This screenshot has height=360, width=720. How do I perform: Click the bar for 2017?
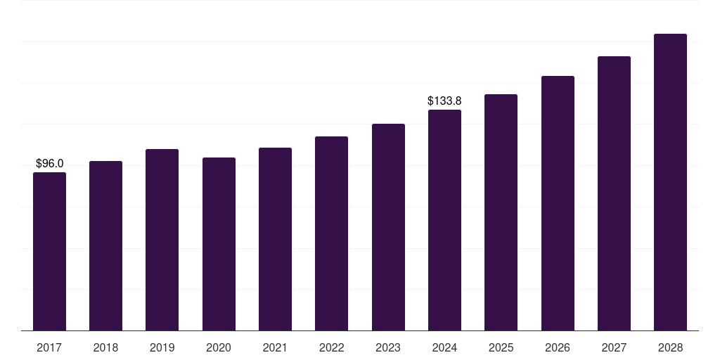tap(49, 252)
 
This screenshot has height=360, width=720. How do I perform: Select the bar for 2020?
tap(219, 244)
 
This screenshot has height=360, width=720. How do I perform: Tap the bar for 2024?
tap(444, 220)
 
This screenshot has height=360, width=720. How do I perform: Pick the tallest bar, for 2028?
tap(670, 182)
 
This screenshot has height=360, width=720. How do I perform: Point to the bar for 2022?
tap(331, 233)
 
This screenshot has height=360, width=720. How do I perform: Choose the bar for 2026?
tap(558, 203)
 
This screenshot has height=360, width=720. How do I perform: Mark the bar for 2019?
tap(162, 240)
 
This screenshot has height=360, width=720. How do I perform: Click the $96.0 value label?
tap(49, 164)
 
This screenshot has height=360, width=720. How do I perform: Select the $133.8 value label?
tap(444, 101)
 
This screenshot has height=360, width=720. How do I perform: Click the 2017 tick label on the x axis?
tap(49, 347)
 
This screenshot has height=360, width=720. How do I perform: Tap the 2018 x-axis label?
tap(105, 347)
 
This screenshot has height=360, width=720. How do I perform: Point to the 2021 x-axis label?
tap(275, 347)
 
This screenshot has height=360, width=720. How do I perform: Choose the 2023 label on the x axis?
tap(388, 347)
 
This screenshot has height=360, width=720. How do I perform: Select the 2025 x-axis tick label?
tap(501, 347)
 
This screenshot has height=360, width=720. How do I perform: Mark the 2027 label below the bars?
tap(614, 347)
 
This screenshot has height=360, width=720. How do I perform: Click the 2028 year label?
tap(670, 347)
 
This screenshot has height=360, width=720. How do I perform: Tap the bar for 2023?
tap(388, 227)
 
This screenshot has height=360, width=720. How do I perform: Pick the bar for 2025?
tap(501, 212)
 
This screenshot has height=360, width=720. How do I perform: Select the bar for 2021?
tap(275, 239)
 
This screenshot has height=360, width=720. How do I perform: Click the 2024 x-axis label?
tap(444, 347)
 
